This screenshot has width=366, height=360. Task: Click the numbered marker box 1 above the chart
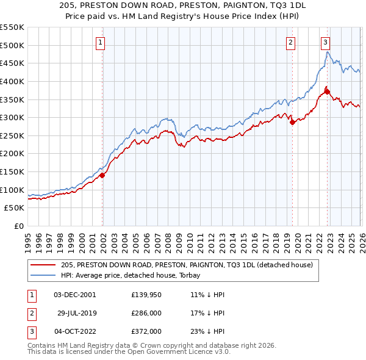coord(99,42)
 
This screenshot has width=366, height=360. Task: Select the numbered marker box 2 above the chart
coord(290,42)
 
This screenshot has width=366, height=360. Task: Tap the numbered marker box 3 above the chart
coord(325,42)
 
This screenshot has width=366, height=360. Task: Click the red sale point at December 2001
coord(102,175)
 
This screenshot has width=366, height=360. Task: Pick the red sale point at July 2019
coord(292,122)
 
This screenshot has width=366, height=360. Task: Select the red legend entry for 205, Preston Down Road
coord(187,265)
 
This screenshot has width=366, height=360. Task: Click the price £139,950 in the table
coord(146,294)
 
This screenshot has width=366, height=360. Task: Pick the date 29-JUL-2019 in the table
coord(77,312)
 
